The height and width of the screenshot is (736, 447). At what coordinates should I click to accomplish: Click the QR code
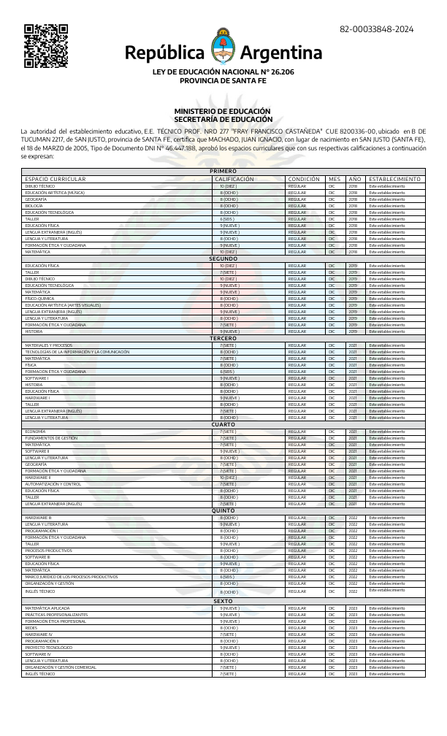[x=46, y=46]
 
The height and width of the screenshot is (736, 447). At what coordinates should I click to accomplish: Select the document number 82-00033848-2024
[x=376, y=29]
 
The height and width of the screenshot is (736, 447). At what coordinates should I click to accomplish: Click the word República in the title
[x=165, y=53]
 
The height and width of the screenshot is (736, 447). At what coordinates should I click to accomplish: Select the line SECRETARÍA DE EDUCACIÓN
[x=223, y=119]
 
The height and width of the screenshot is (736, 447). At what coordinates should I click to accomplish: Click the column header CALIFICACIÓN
[x=234, y=179]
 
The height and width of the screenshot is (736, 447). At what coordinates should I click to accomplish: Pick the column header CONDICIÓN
[x=304, y=179]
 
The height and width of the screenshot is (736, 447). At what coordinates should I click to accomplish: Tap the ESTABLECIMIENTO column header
[x=394, y=179]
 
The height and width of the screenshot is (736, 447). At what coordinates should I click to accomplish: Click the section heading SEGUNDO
[x=223, y=258]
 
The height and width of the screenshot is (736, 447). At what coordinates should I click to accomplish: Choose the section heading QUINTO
[x=223, y=510]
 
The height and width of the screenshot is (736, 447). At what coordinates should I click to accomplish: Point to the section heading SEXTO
[x=223, y=600]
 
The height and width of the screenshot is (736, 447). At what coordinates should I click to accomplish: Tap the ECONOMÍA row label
[x=36, y=432]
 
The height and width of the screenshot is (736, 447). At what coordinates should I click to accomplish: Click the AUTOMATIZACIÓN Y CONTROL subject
[x=53, y=484]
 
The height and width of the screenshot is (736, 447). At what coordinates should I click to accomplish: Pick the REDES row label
[x=31, y=627]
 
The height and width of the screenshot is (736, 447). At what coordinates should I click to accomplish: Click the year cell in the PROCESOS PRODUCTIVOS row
[x=353, y=551]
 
